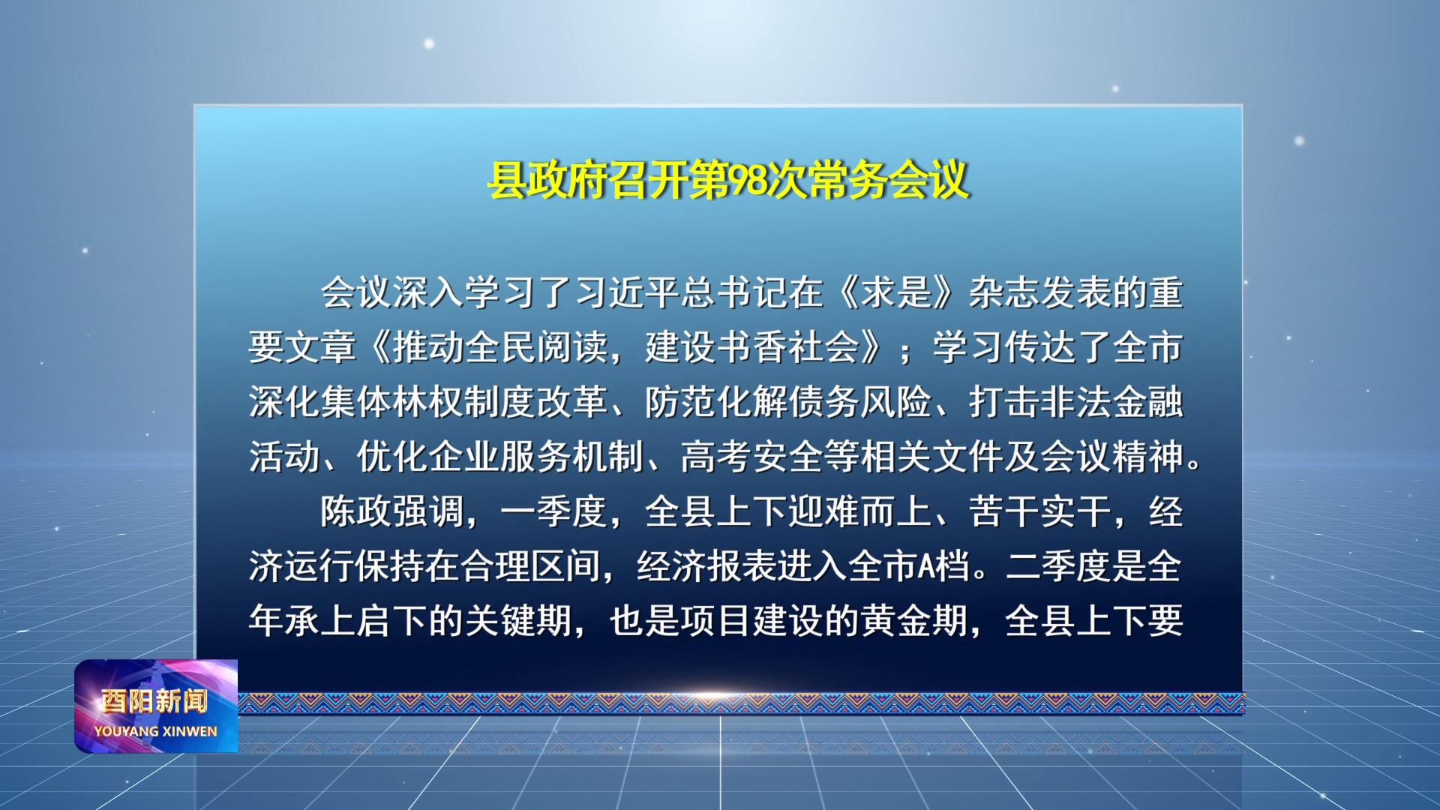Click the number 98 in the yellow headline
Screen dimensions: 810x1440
[x=748, y=181]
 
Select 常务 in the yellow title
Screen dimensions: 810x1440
[x=850, y=181]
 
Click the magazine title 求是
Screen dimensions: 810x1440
[x=897, y=292]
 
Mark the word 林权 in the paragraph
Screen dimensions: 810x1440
[x=429, y=402]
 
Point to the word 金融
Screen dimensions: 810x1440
[x=1147, y=402]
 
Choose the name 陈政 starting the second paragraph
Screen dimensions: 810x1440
[x=356, y=511]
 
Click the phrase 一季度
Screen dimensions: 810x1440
[x=553, y=511]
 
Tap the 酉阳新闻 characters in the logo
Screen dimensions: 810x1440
[x=154, y=701]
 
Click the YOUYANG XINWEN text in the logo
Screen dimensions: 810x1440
[x=155, y=731]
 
